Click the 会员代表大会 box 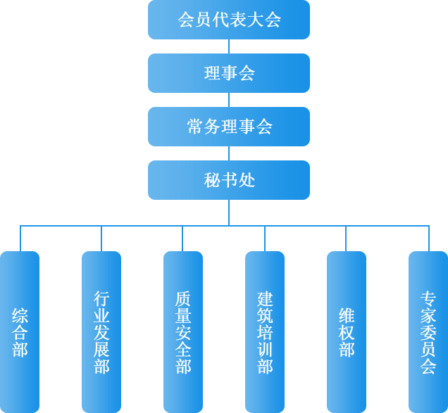pyautogui.click(x=229, y=20)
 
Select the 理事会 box pyautogui.click(x=229, y=73)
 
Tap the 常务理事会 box pyautogui.click(x=229, y=127)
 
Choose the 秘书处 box pyautogui.click(x=229, y=180)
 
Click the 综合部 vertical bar pyautogui.click(x=20, y=331)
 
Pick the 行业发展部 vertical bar pyautogui.click(x=101, y=331)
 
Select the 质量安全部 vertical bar pyautogui.click(x=183, y=331)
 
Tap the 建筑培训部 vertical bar pyautogui.click(x=265, y=331)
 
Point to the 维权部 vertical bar pyautogui.click(x=347, y=331)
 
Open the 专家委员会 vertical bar pyautogui.click(x=428, y=331)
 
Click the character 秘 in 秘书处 pyautogui.click(x=212, y=180)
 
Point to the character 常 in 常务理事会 pyautogui.click(x=195, y=127)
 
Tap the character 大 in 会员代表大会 pyautogui.click(x=256, y=20)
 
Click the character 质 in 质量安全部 pyautogui.click(x=183, y=298)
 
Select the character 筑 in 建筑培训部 pyautogui.click(x=265, y=315)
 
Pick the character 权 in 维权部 pyautogui.click(x=347, y=332)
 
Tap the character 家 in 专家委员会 pyautogui.click(x=428, y=315)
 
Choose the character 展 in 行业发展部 pyautogui.click(x=101, y=349)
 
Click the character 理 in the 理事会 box pyautogui.click(x=212, y=73)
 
